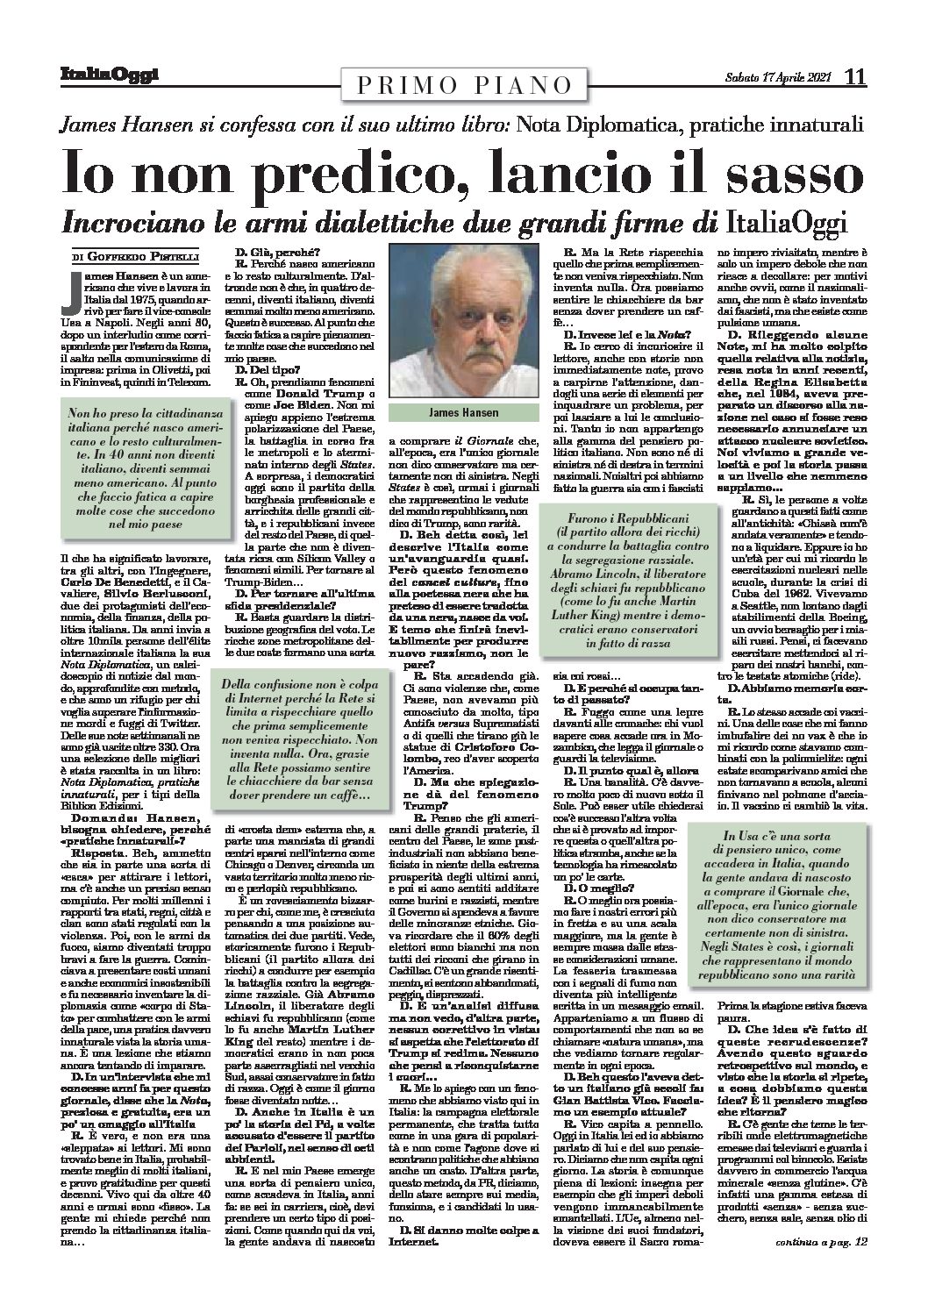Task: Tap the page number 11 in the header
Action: pos(854,77)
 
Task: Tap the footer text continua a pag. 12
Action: pos(822,1291)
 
